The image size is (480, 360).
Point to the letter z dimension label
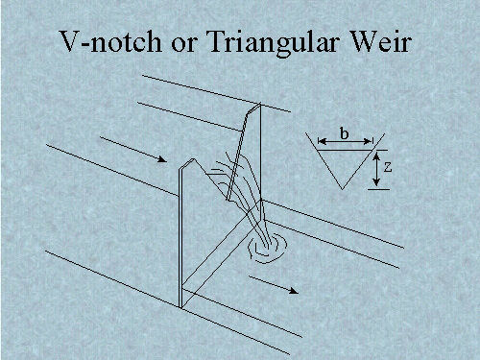386,166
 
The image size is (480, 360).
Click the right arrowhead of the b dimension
371,144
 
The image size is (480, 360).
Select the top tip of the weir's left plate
193,159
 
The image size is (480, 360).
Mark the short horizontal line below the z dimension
377,190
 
